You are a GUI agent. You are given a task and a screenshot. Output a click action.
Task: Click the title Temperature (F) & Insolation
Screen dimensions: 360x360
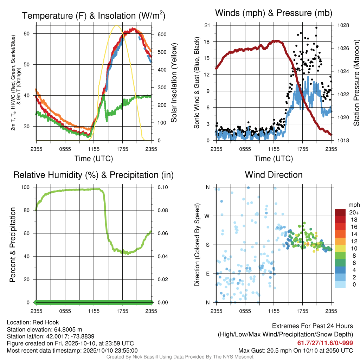click(94, 15)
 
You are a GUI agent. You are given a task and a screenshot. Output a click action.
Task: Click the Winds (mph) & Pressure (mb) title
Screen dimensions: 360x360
click(274, 13)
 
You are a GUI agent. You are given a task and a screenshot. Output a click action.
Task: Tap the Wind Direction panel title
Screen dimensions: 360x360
click(274, 175)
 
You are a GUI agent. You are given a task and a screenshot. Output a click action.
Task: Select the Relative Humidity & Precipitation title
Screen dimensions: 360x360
click(94, 175)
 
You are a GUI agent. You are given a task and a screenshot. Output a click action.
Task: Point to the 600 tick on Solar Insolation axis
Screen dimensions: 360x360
click(162, 34)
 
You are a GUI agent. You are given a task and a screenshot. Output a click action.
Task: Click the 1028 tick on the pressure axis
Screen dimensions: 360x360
click(343, 25)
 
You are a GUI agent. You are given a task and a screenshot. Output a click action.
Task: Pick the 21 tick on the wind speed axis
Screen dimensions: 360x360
click(207, 25)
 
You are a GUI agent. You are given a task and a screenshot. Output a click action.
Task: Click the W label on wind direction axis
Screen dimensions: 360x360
click(207, 216)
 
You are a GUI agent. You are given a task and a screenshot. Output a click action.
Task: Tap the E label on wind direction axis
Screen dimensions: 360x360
click(208, 274)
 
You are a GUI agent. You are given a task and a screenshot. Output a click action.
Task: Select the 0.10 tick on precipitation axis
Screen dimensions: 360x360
click(163, 187)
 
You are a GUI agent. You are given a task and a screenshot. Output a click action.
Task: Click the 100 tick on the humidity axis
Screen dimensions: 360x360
click(25, 187)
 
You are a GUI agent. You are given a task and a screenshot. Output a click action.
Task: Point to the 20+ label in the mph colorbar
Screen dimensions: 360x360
click(354, 213)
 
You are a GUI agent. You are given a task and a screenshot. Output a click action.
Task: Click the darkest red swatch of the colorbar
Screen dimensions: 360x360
click(340, 212)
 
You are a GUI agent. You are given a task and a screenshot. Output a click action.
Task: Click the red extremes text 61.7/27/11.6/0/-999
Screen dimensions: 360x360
click(325, 343)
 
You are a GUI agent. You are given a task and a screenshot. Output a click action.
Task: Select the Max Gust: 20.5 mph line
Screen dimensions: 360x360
click(296, 351)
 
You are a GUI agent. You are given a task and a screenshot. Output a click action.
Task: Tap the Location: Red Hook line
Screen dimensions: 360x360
click(33, 322)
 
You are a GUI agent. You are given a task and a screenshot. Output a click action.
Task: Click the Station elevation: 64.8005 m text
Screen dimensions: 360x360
click(45, 329)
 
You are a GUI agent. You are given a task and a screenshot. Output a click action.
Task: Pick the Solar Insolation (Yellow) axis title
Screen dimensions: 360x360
click(174, 83)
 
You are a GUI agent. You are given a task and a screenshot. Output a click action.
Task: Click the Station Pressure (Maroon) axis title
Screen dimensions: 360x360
click(356, 83)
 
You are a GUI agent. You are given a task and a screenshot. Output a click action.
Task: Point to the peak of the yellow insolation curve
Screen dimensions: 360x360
click(117, 25)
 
